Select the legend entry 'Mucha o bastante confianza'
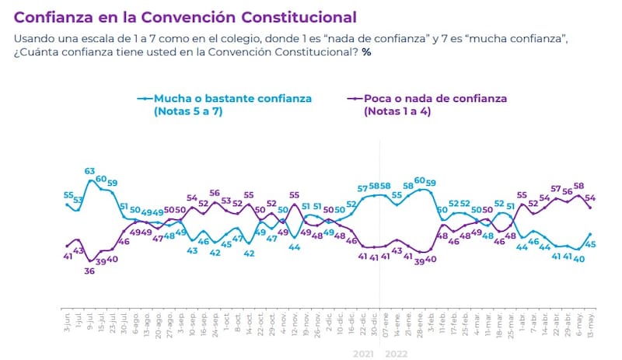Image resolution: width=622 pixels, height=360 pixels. pos(232,99)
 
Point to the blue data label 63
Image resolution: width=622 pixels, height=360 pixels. pos(89,171)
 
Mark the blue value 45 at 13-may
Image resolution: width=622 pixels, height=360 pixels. pos(590,244)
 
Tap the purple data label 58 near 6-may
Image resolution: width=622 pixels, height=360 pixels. pos(578,186)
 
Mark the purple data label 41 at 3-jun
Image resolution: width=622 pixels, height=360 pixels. pos(68,256)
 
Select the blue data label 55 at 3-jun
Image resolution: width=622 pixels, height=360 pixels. pos(68,194)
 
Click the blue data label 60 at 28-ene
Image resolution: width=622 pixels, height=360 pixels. pos(420,180)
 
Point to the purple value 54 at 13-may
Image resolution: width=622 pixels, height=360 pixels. pos(590,197)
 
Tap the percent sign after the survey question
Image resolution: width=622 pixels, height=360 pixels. pos(366,52)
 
